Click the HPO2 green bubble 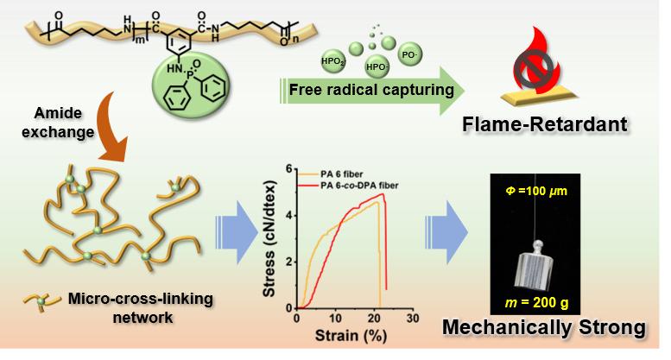pyautogui.click(x=333, y=61)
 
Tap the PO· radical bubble pyautogui.click(x=409, y=54)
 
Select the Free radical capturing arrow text pyautogui.click(x=371, y=90)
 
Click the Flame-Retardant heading pyautogui.click(x=545, y=124)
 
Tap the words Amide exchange pyautogui.click(x=58, y=123)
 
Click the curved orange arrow pyautogui.click(x=111, y=129)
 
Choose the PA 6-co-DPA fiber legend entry pyautogui.click(x=348, y=186)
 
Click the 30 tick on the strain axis pyautogui.click(x=413, y=319)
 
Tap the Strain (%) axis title pyautogui.click(x=351, y=336)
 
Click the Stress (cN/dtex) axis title pyautogui.click(x=269, y=239)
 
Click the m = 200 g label pyautogui.click(x=536, y=303)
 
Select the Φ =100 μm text pyautogui.click(x=536, y=191)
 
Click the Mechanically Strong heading pyautogui.click(x=544, y=327)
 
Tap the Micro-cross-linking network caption pyautogui.click(x=141, y=308)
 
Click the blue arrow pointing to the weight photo pyautogui.click(x=446, y=232)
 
